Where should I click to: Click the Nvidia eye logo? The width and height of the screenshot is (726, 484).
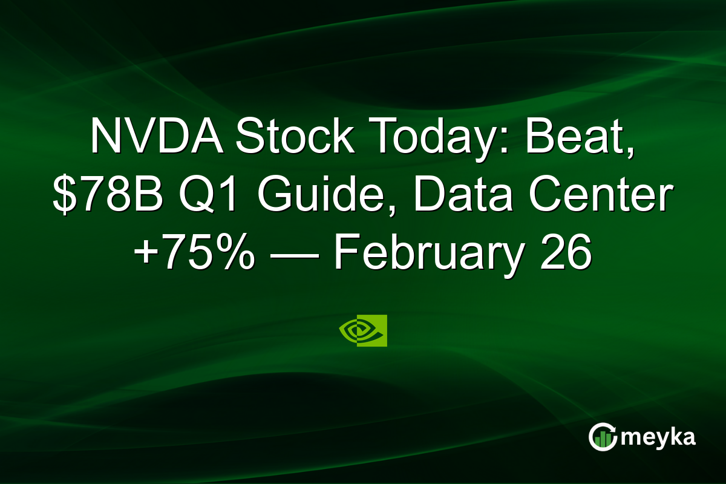(356, 330)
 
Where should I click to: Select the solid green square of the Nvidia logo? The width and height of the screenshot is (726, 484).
(379, 330)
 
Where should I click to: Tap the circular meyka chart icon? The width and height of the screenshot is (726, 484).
(602, 437)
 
